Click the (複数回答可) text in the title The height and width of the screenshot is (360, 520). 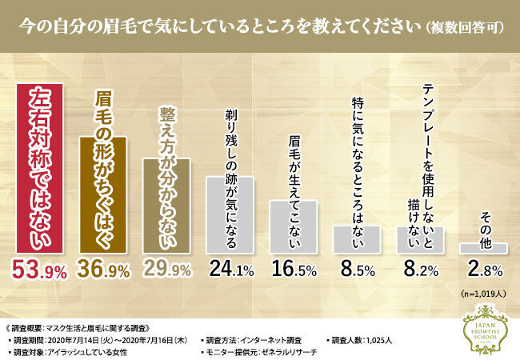pyautogui.click(x=466, y=27)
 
